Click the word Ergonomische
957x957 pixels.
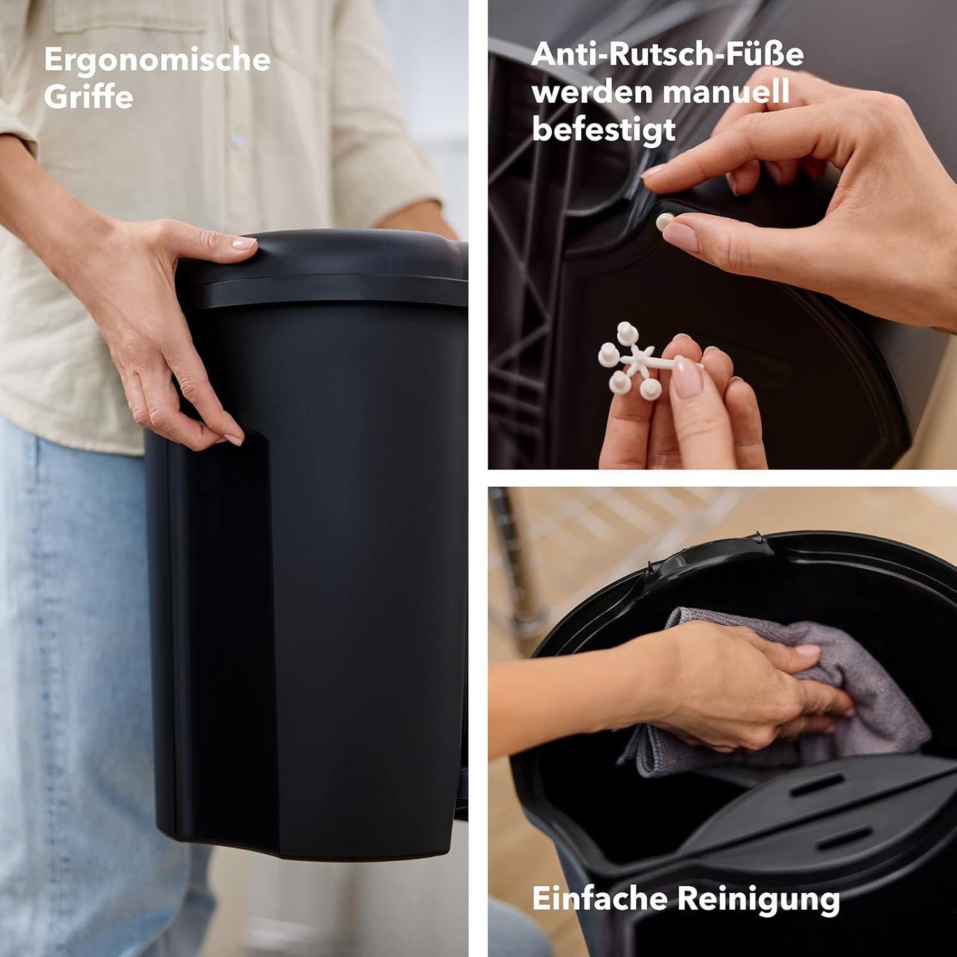pos(158,61)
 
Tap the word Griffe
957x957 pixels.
pos(89,97)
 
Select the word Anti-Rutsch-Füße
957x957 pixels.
pos(667,54)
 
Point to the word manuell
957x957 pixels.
pos(725,93)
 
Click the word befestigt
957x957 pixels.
pos(604,130)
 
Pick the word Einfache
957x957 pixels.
pos(599,898)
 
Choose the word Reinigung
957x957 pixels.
pos(759,900)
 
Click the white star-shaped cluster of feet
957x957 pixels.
pos(638,360)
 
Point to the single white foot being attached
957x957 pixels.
pos(665,221)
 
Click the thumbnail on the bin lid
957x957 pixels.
pos(242,242)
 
